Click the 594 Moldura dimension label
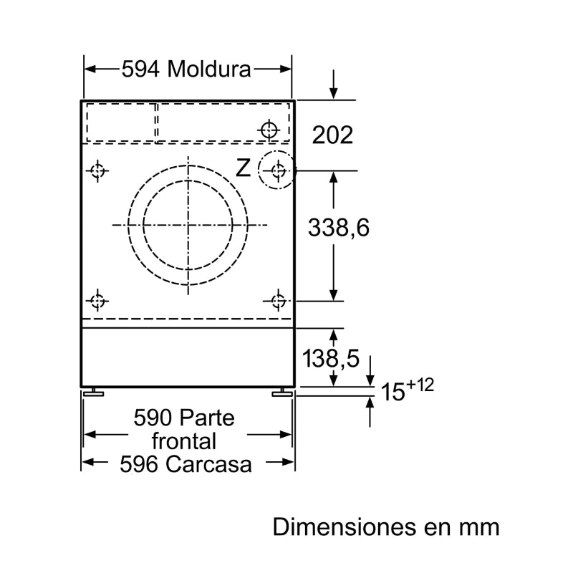tap(186, 69)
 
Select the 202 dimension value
tap(333, 135)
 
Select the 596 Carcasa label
tap(186, 464)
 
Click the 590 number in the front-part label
tap(153, 418)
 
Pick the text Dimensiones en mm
tap(385, 527)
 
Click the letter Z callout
tap(244, 168)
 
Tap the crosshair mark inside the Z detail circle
tap(279, 170)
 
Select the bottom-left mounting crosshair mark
tap(97, 300)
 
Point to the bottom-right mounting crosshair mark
tap(279, 300)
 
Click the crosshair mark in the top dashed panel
tap(269, 130)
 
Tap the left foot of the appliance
tap(92, 392)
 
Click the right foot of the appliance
tap(281, 392)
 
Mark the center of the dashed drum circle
tap(188, 224)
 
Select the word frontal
tap(184, 440)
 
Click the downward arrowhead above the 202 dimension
tap(333, 95)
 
